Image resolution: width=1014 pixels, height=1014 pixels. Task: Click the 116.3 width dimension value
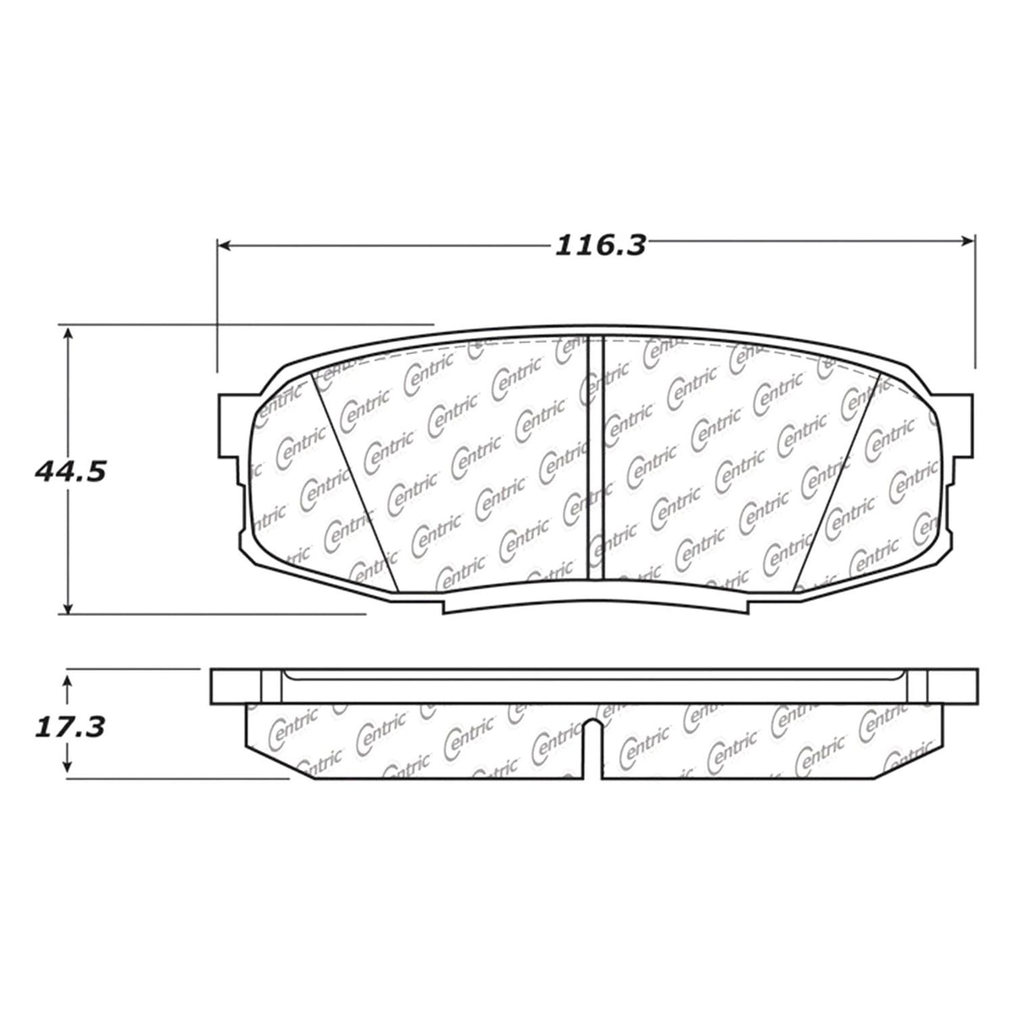coord(600,246)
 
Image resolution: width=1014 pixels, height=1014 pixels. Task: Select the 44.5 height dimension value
coord(70,471)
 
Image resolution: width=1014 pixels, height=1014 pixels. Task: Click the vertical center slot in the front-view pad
coord(596,456)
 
